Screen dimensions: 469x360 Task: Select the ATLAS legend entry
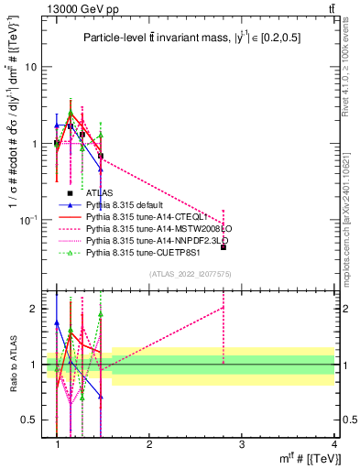[100, 193]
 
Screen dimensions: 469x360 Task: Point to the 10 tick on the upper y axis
[31, 68]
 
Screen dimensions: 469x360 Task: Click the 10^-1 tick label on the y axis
[29, 220]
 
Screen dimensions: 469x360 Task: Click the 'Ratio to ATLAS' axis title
[12, 364]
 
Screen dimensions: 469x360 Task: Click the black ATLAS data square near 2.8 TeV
[224, 247]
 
